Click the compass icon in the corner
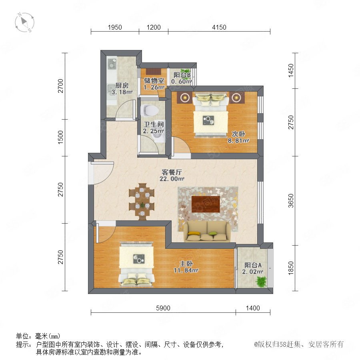pyautogui.click(x=24, y=22)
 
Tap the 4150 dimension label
pyautogui.click(x=219, y=27)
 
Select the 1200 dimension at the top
pyautogui.click(x=154, y=27)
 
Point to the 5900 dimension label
pyautogui.click(x=163, y=308)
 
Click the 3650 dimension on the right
pyautogui.click(x=291, y=201)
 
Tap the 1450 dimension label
pyautogui.click(x=291, y=70)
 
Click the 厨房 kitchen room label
pyautogui.click(x=122, y=86)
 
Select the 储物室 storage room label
pyautogui.click(x=154, y=80)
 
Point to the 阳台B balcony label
pyautogui.click(x=182, y=75)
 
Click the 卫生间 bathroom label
pyautogui.click(x=154, y=124)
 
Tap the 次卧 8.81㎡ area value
pyautogui.click(x=238, y=140)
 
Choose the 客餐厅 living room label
pyautogui.click(x=172, y=172)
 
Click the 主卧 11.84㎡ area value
pyautogui.click(x=186, y=270)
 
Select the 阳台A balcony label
pyautogui.click(x=253, y=265)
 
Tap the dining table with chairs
pyautogui.click(x=142, y=201)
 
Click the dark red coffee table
pyautogui.click(x=206, y=204)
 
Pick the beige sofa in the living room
pyautogui.click(x=207, y=232)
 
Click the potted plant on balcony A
pyautogui.click(x=261, y=282)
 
